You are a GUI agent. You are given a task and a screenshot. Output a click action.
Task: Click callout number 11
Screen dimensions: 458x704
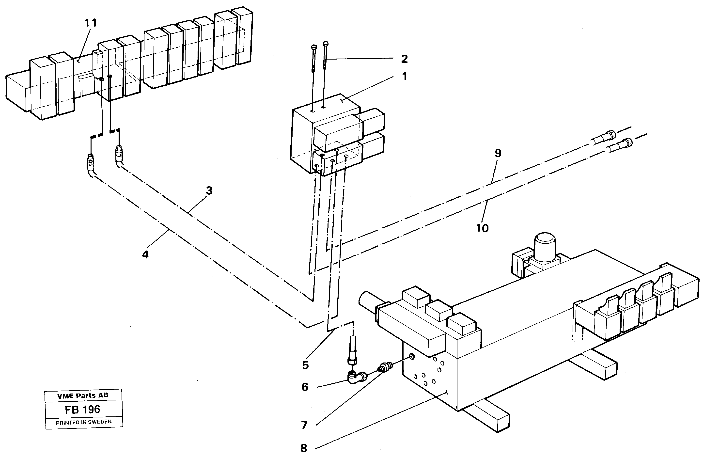91,23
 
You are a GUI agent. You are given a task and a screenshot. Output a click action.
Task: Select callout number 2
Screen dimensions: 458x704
404,59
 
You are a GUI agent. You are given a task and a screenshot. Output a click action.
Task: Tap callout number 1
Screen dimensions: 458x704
404,77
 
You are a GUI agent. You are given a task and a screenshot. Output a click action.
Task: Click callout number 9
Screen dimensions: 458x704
498,153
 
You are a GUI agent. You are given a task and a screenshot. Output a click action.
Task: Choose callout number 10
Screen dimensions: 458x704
482,228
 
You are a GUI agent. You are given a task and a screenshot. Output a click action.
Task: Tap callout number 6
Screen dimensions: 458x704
305,387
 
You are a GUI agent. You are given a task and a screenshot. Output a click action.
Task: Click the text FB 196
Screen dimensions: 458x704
82,410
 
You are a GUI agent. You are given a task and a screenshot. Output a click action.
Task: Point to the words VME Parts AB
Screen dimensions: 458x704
83,395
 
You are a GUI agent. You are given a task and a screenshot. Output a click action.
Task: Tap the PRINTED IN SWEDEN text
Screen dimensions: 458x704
84,422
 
